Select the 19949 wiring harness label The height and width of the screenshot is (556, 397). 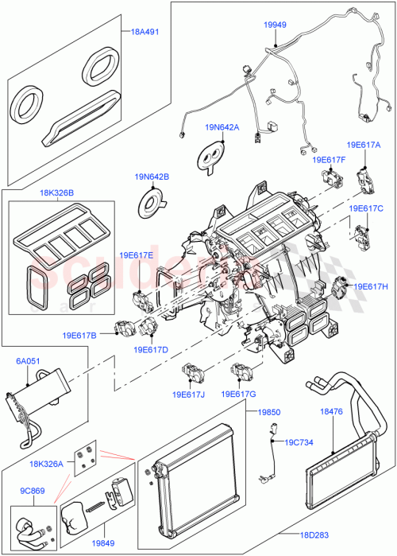point(275,25)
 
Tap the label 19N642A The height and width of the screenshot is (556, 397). point(221,127)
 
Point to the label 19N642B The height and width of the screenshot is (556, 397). point(152,177)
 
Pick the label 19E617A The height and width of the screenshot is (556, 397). point(364,146)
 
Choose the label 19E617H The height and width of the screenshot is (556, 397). point(370,286)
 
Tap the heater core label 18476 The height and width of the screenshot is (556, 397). point(331,411)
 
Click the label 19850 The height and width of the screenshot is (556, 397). point(266,412)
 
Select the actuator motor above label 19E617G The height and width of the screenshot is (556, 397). point(243,371)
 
